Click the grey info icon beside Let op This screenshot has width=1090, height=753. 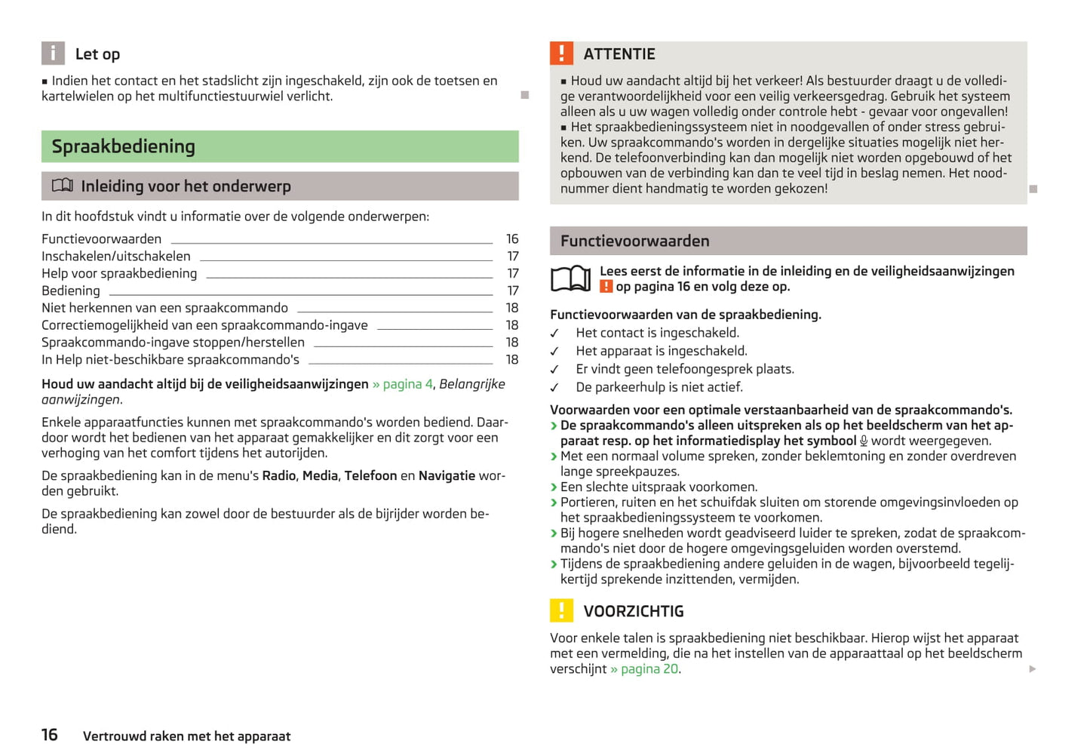[x=53, y=54]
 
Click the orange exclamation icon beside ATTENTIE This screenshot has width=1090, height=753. [x=561, y=54]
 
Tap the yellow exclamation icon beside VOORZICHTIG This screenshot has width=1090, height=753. [x=561, y=610]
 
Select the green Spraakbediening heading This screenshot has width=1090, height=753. [x=124, y=146]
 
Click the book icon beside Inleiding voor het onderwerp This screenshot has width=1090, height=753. [x=63, y=186]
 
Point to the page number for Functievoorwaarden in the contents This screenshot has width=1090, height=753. [x=512, y=239]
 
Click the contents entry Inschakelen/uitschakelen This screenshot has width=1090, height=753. [x=116, y=257]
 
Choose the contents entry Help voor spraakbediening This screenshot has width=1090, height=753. [x=119, y=274]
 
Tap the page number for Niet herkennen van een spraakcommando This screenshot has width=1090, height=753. [x=512, y=308]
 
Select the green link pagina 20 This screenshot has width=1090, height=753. [x=649, y=669]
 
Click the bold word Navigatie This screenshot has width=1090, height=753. [x=447, y=475]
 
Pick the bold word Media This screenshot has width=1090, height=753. [x=320, y=475]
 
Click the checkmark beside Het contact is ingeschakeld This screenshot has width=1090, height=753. [x=555, y=333]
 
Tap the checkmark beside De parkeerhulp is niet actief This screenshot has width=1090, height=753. [x=555, y=388]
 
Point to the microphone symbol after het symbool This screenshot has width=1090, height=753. [x=864, y=441]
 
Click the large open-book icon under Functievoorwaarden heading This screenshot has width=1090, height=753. [x=570, y=278]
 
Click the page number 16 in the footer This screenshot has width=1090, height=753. [x=50, y=735]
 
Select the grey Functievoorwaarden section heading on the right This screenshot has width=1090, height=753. [x=635, y=241]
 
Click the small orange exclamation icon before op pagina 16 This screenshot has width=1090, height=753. [x=606, y=287]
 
